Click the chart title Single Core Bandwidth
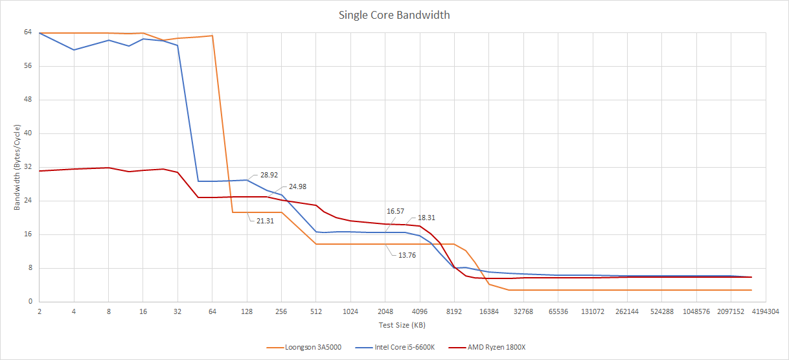pos(394,15)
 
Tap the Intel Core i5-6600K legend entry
pos(404,347)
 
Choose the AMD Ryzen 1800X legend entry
pos(496,347)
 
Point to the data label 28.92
pos(269,175)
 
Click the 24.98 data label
pos(297,186)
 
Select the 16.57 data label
pos(396,211)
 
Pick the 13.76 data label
pos(407,255)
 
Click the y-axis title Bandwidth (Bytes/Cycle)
pos(17,167)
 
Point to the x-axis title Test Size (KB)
pos(402,324)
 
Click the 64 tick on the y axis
pos(28,32)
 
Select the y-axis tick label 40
pos(28,133)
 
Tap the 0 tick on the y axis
pos(30,302)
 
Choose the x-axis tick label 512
pos(315,311)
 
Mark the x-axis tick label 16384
pos(488,311)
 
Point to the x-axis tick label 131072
pos(593,311)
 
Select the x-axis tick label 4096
pos(419,311)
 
